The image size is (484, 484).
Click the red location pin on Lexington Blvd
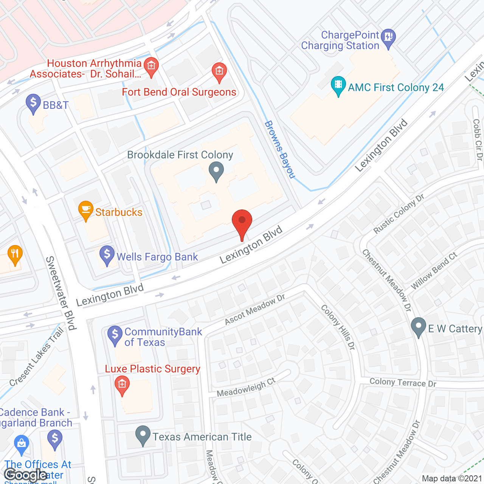[242, 221]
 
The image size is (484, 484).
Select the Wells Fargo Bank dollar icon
[107, 254]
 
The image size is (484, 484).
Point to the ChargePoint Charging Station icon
[388, 37]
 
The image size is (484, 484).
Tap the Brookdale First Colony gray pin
[216, 171]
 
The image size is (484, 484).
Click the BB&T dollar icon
[33, 102]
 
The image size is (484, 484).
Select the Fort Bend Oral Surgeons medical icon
[219, 71]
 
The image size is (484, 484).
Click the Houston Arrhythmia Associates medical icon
[151, 66]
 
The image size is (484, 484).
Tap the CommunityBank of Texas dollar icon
[115, 334]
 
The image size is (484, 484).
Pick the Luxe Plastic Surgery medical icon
[122, 385]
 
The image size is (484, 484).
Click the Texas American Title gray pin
[143, 434]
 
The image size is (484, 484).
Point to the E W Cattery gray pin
[418, 326]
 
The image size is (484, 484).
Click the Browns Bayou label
[279, 149]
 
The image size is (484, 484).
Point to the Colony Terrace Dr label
[403, 383]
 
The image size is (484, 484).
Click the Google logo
[25, 475]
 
